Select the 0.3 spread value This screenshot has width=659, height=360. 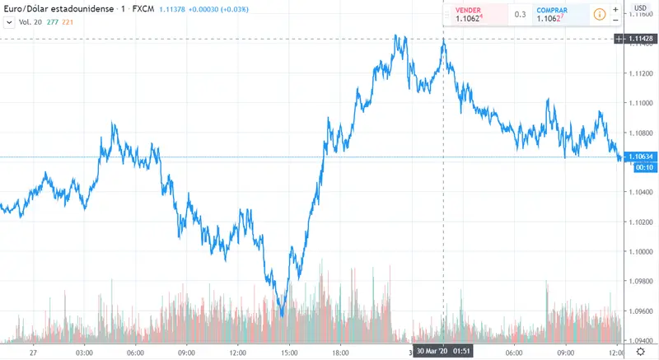(x=521, y=14)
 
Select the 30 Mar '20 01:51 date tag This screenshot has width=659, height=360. (x=443, y=352)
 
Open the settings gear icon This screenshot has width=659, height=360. (x=639, y=352)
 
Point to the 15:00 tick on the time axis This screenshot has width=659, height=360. (x=288, y=352)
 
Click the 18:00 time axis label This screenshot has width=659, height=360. (x=339, y=352)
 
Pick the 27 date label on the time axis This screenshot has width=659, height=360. (x=32, y=352)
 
